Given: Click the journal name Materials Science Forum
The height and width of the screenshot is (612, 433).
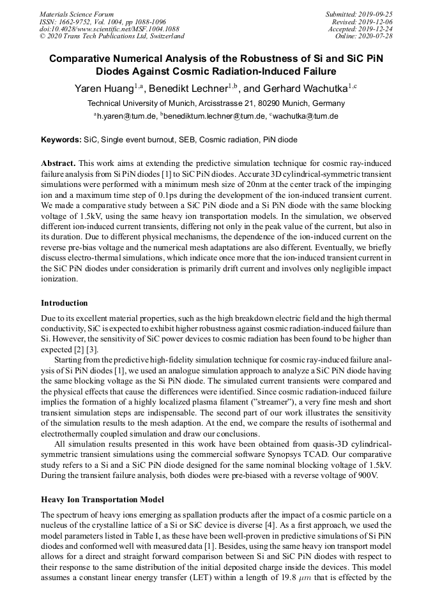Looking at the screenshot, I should coord(77,14).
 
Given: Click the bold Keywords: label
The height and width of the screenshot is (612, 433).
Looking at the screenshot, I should coord(61,139).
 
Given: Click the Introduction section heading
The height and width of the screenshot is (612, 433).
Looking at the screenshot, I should coord(65,303).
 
